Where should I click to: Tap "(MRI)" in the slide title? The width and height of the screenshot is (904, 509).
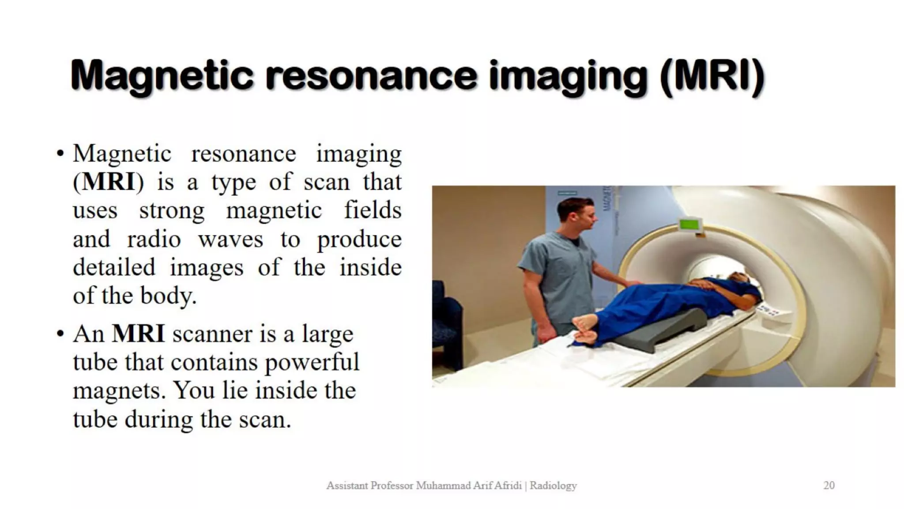pos(712,76)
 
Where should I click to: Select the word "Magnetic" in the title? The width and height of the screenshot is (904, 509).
pos(162,76)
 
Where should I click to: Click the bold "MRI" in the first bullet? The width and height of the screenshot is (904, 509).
pos(109,182)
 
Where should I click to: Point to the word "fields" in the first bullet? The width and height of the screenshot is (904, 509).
pos(373,210)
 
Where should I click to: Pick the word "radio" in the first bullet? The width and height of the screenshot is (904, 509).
pos(154,239)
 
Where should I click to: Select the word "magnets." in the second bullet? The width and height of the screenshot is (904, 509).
pos(119,391)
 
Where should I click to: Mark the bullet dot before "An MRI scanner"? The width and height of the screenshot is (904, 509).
pos(60,334)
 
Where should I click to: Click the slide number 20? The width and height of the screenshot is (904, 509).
pos(829,486)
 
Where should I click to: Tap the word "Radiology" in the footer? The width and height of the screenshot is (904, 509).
pos(553,486)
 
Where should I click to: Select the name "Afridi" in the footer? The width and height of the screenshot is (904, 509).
pos(508,486)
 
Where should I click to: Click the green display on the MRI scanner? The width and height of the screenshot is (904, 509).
pos(690,224)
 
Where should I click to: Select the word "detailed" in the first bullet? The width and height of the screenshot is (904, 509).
pos(114,268)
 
